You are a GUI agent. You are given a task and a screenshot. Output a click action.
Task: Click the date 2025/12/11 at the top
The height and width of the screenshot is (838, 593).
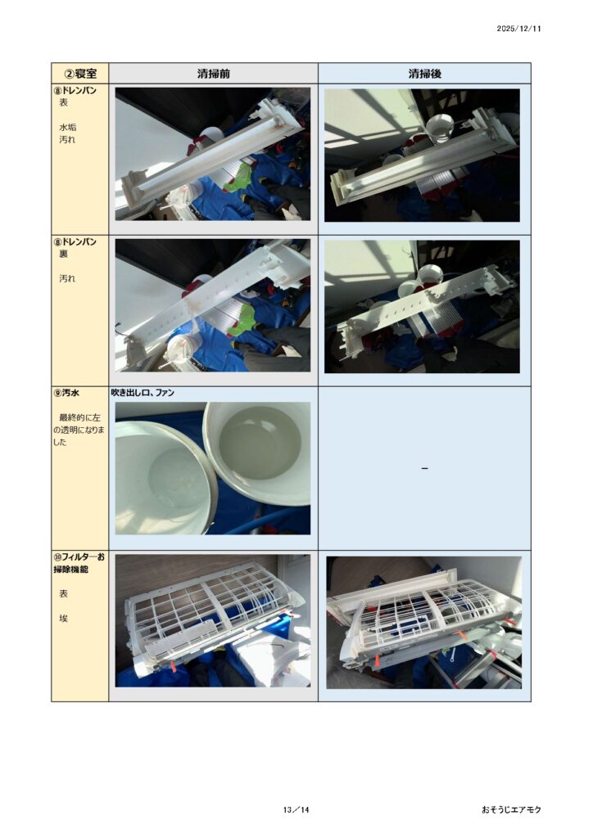click(518, 29)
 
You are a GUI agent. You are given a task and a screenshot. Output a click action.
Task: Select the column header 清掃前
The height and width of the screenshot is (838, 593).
click(213, 74)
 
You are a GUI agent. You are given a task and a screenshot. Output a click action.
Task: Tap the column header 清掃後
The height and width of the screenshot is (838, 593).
click(424, 74)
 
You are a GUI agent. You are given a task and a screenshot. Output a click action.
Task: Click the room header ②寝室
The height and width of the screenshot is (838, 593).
click(80, 74)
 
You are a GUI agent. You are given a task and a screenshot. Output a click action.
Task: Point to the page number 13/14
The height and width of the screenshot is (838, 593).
click(296, 809)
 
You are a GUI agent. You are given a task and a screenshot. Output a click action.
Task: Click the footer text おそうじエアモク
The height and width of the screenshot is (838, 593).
click(511, 809)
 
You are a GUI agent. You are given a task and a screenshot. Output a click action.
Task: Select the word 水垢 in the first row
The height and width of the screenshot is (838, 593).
click(67, 127)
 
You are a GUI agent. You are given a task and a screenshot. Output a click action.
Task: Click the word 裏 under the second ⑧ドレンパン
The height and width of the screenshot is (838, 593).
click(64, 254)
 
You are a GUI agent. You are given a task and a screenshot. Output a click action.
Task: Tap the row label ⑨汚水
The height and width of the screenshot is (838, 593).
click(66, 392)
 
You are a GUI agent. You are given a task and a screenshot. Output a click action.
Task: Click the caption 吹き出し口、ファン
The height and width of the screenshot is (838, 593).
click(143, 392)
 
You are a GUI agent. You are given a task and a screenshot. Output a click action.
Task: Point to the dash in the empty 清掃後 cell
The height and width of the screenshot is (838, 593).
click(424, 469)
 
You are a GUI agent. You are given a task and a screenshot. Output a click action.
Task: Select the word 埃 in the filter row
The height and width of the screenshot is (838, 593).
click(64, 619)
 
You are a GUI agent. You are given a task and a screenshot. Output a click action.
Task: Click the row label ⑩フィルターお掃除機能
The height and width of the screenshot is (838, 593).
click(79, 563)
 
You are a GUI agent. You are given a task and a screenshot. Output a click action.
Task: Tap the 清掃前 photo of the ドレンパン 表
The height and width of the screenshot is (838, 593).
click(213, 155)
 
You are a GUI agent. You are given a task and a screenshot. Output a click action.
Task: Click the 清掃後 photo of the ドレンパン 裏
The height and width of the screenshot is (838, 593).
click(422, 306)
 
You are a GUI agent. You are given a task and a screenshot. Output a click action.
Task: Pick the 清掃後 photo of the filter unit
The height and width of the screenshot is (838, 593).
click(424, 623)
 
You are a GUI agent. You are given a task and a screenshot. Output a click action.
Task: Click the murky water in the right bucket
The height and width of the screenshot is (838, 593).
click(261, 447)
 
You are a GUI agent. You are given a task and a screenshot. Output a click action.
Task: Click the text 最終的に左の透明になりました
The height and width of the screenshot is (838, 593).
click(79, 430)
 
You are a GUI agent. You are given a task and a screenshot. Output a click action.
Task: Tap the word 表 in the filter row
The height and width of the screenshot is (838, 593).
click(64, 594)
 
